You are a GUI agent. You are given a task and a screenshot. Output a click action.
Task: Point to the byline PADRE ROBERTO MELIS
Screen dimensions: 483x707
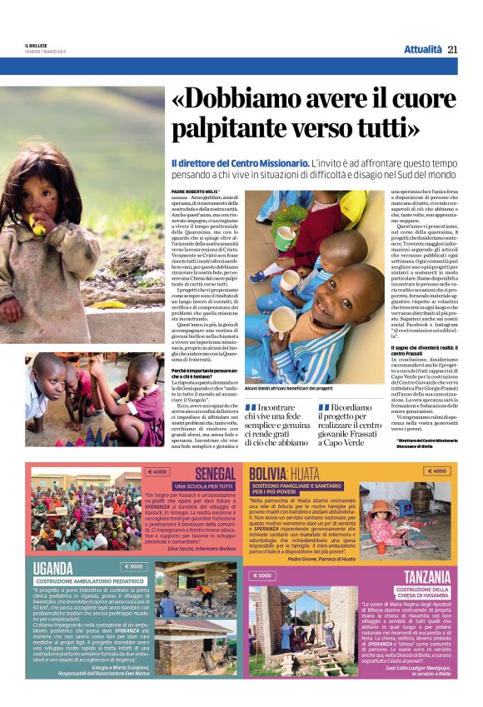pyautogui.click(x=197, y=192)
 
